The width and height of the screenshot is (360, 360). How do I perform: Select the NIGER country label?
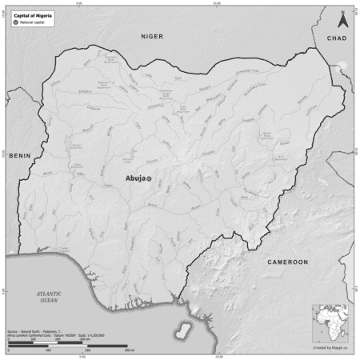(x=151, y=37)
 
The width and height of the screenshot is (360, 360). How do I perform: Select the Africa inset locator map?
(x=332, y=322)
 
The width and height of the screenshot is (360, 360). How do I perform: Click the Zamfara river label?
(x=84, y=90)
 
